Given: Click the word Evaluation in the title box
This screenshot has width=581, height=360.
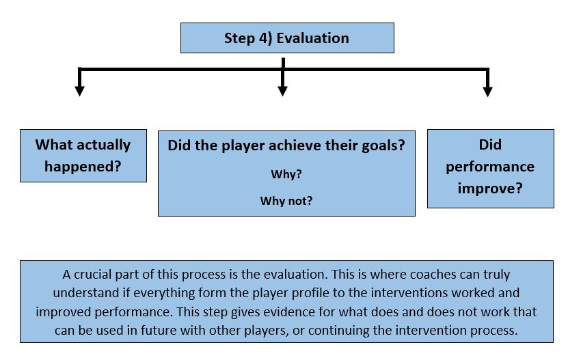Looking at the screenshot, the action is tap(313, 38).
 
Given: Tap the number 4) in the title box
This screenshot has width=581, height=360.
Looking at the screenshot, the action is tap(265, 38).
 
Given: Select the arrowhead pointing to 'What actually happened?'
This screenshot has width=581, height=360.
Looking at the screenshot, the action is tap(79, 91).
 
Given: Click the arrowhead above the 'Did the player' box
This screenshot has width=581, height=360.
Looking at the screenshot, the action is tap(283, 91).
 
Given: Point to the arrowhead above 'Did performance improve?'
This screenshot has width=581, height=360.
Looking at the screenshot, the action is tap(487, 92).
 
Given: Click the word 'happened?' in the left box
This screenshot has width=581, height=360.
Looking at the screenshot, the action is tap(83, 167).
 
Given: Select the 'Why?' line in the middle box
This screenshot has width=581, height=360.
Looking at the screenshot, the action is tap(286, 174).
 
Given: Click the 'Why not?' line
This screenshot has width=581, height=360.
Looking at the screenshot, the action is tap(286, 201).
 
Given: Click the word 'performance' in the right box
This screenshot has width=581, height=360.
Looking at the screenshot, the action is tap(490, 167).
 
